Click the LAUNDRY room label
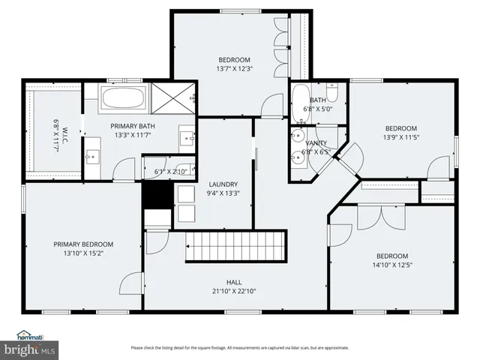[x=223, y=184]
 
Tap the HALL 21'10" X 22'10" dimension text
[x=234, y=292]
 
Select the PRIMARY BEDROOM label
[x=83, y=244]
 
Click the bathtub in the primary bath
[x=124, y=97]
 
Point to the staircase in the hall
[x=236, y=246]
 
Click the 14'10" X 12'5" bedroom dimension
[x=391, y=265]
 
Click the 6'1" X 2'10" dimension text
[x=169, y=172]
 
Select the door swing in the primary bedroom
[x=131, y=282]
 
